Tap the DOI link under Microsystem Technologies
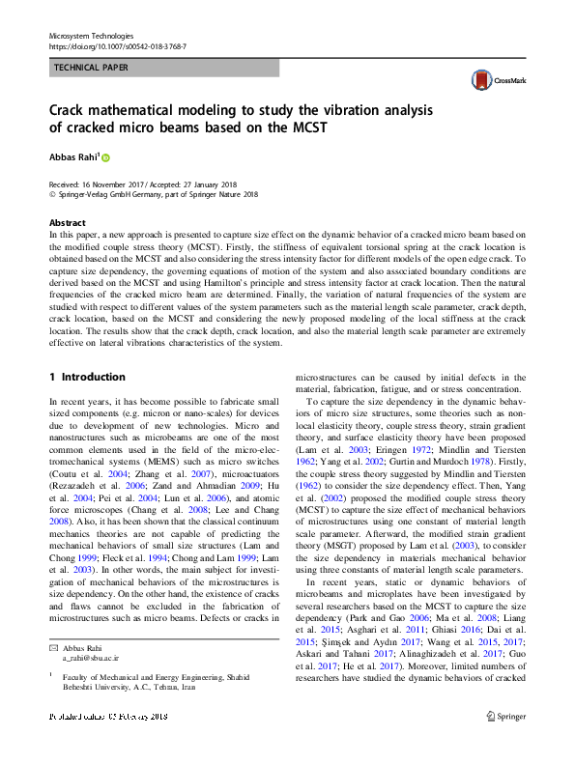117,45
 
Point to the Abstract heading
68,223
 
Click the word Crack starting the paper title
70,109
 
